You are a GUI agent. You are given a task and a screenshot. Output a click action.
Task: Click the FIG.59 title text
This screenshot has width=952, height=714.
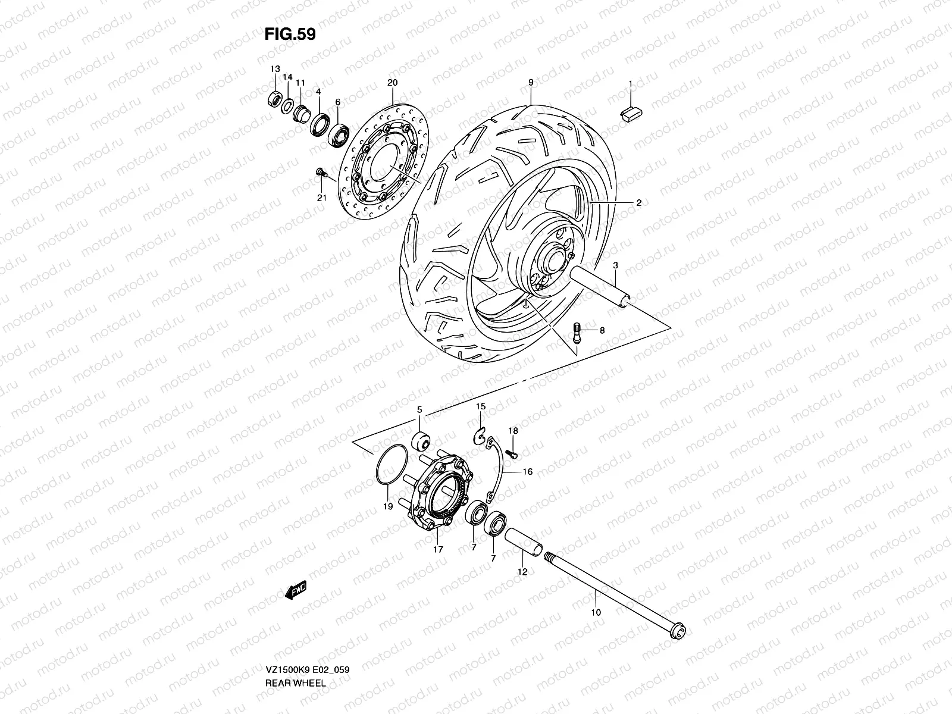(x=290, y=34)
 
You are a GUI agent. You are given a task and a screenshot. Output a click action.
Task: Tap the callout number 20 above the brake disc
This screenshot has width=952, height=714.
(x=392, y=83)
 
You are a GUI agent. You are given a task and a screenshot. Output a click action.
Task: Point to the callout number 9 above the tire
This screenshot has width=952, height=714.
(x=530, y=83)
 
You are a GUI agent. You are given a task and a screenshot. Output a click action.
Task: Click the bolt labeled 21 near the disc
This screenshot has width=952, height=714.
(x=320, y=172)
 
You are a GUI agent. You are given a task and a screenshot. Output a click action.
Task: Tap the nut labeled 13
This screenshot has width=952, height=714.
(x=275, y=98)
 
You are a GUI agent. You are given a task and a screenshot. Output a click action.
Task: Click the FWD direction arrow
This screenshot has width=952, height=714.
(x=295, y=590)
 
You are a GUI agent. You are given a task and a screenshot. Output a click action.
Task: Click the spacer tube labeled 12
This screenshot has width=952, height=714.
(x=524, y=542)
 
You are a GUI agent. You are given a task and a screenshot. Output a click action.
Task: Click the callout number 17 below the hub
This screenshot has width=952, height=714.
(x=438, y=550)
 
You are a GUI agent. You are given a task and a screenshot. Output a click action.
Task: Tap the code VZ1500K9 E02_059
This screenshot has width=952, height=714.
(x=307, y=637)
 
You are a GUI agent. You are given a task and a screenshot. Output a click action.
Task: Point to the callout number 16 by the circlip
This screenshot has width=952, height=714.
(x=527, y=472)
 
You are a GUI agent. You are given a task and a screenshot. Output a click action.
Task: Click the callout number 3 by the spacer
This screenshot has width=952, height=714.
(x=615, y=264)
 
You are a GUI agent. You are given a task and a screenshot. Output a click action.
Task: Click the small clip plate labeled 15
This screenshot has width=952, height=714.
(x=481, y=436)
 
